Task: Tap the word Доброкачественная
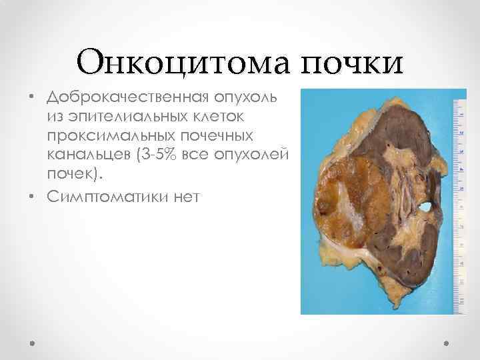[128, 99]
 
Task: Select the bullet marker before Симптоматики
[31, 197]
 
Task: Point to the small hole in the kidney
[425, 209]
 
